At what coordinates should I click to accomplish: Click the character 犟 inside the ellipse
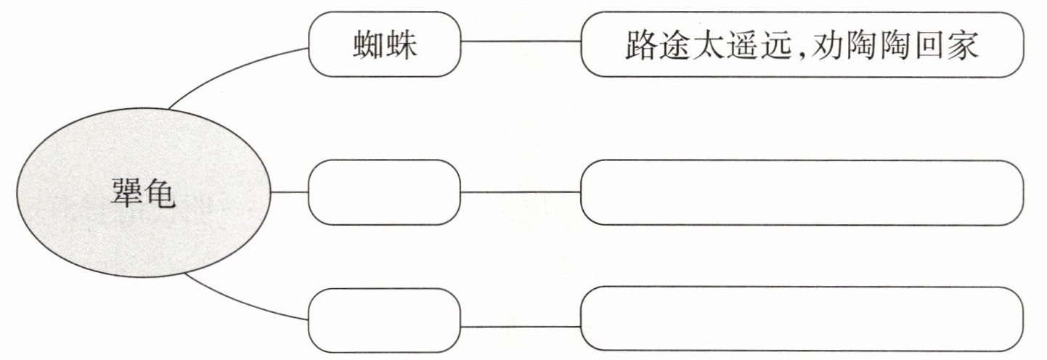(x=126, y=192)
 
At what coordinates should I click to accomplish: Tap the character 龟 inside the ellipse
(x=160, y=192)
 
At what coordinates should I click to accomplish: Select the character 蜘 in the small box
(x=368, y=44)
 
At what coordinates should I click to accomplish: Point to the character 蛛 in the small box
(x=401, y=44)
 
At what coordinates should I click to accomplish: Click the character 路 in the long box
(x=642, y=45)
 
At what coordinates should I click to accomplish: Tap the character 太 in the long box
(x=708, y=45)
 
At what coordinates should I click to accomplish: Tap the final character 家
(x=964, y=45)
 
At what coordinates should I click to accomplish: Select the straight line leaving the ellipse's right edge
(x=289, y=192)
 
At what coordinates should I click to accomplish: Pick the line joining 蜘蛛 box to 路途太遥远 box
(x=521, y=41)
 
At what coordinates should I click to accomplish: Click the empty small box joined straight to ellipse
(x=384, y=192)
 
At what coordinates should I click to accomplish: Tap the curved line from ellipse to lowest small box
(x=243, y=303)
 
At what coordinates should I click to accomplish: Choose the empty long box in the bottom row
(x=802, y=319)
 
